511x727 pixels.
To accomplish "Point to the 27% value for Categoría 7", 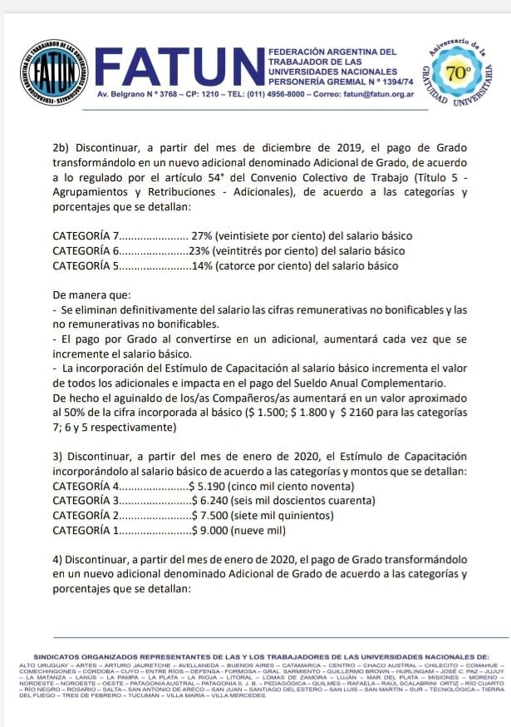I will [x=203, y=236].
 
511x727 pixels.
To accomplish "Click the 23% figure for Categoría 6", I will [x=199, y=251].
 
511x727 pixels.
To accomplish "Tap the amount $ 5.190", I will [x=204, y=486].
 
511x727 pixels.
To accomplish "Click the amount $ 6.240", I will [x=204, y=501].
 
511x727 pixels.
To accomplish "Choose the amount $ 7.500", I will [x=204, y=516].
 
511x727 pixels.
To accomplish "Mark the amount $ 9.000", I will [x=204, y=531].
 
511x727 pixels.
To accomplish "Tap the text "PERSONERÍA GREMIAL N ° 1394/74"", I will [x=332, y=82].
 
